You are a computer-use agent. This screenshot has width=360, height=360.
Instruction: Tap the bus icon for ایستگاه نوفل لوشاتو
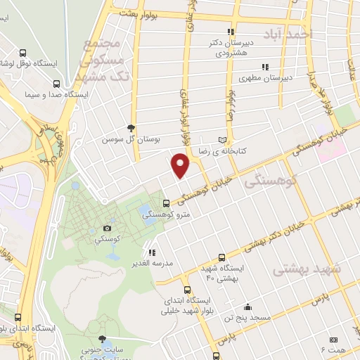click(x=24, y=53)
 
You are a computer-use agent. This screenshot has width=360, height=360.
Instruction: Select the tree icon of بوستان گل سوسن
click(x=131, y=127)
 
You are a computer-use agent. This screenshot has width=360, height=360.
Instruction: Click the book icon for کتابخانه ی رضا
click(x=224, y=139)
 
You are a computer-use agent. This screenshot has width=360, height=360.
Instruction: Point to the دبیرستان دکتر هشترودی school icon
click(x=230, y=32)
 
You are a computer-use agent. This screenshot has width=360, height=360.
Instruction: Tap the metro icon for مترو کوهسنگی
click(x=165, y=202)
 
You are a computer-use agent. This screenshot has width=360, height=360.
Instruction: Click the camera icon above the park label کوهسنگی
click(x=107, y=228)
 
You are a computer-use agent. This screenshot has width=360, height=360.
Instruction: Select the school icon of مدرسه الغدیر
click(x=151, y=252)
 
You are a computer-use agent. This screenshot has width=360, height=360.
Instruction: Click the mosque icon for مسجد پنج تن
click(x=247, y=307)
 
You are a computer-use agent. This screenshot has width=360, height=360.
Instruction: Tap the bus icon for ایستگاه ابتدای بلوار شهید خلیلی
click(x=187, y=290)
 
